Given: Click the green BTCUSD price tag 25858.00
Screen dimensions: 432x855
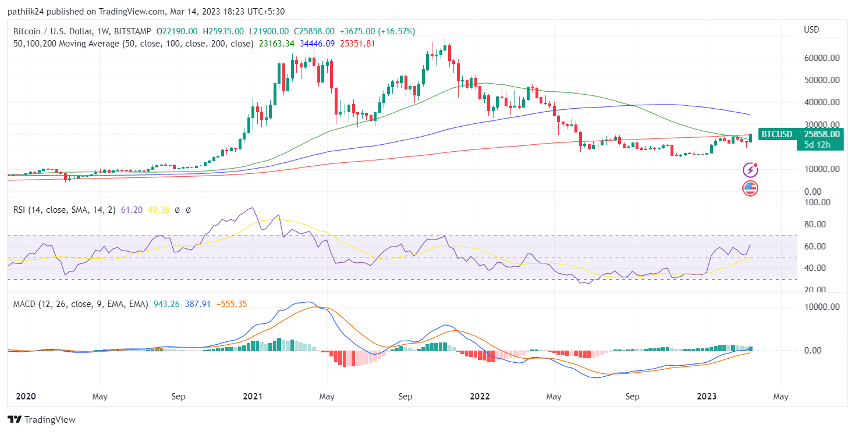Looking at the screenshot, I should [x=821, y=134].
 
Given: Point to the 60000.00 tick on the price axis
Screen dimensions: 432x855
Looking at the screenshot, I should [x=821, y=58].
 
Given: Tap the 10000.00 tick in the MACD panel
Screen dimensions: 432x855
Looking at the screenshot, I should [x=821, y=307].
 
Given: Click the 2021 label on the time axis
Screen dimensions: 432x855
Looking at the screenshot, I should [x=252, y=397].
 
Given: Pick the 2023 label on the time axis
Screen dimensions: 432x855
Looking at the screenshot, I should [x=707, y=397].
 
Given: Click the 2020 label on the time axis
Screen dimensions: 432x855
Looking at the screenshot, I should [x=26, y=397].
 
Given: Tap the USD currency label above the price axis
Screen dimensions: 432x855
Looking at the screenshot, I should [x=811, y=30].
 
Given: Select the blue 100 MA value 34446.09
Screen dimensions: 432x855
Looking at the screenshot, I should [x=318, y=43].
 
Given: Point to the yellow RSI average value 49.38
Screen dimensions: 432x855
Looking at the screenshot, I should [x=157, y=210].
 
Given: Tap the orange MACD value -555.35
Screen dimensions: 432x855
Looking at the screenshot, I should [x=231, y=304].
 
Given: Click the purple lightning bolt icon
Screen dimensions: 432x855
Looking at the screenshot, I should [x=750, y=170].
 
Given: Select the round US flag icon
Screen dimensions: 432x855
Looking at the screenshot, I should [x=750, y=188].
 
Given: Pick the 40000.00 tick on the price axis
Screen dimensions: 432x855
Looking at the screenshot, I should [x=821, y=102].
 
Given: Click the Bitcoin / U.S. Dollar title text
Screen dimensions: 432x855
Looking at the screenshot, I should [x=47, y=31].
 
